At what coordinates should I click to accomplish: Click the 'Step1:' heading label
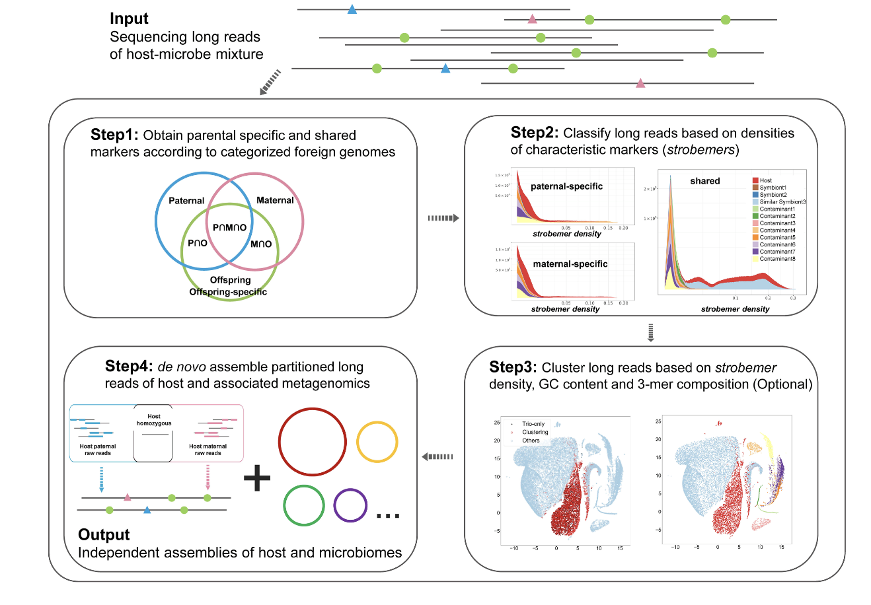point(114,135)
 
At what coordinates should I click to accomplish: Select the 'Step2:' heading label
point(534,133)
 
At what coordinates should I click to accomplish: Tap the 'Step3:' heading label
point(513,367)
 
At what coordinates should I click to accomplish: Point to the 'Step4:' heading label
point(128,367)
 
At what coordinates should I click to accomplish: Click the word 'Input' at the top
point(129,18)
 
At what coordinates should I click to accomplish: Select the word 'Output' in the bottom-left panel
point(104,535)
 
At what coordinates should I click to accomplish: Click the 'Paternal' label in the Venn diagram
point(186,201)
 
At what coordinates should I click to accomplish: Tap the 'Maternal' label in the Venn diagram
point(275,200)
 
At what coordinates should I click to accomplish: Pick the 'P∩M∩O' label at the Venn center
point(229,227)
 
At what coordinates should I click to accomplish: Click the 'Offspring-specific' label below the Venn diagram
point(228,291)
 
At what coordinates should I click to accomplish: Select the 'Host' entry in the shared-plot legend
point(765,180)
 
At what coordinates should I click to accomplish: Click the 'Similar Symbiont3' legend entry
point(782,202)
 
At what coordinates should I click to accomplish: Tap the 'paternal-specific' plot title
point(566,186)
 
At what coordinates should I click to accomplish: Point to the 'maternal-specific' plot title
point(570,264)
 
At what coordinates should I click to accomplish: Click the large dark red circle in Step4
point(312,441)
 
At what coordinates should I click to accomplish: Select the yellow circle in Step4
point(377,441)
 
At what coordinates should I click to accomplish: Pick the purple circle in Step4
point(350,505)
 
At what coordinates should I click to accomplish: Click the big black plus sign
point(257,478)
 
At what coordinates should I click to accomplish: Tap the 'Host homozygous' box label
point(153,420)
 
